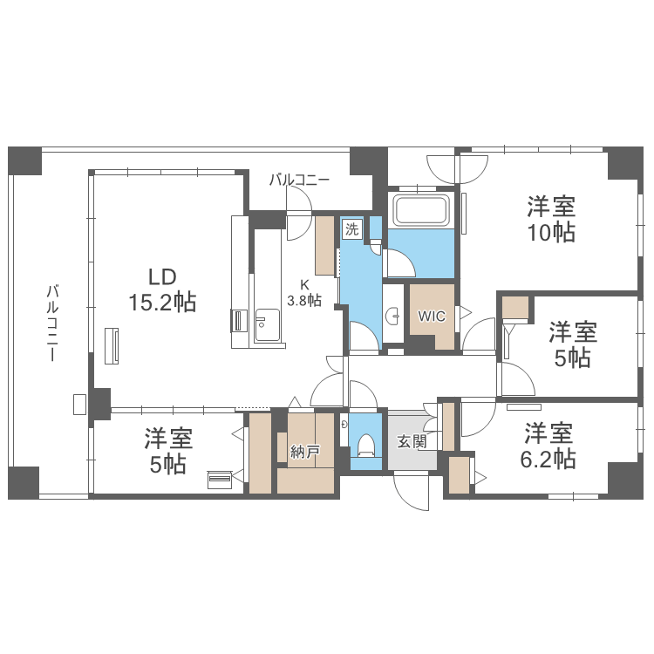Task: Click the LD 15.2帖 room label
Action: tap(162, 290)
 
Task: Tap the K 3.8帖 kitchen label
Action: tap(304, 293)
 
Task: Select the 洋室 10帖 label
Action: tap(551, 219)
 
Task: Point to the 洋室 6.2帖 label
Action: tap(548, 446)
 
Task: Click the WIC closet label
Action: tap(432, 317)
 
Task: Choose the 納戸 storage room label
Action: tap(305, 452)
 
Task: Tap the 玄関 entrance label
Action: tap(412, 441)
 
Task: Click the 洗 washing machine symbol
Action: tap(352, 229)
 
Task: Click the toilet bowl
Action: tap(366, 445)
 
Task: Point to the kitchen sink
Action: tap(267, 324)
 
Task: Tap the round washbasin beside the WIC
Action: tap(393, 317)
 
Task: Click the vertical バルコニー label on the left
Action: tap(52, 323)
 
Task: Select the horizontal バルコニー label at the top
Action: tap(299, 180)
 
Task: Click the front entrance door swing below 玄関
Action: tap(412, 491)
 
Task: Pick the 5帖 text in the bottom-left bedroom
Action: tap(168, 464)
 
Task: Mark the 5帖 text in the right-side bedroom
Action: tap(573, 358)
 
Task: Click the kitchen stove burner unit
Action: tap(239, 321)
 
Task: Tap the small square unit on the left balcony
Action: tap(79, 404)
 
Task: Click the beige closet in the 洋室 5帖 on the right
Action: tap(515, 308)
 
